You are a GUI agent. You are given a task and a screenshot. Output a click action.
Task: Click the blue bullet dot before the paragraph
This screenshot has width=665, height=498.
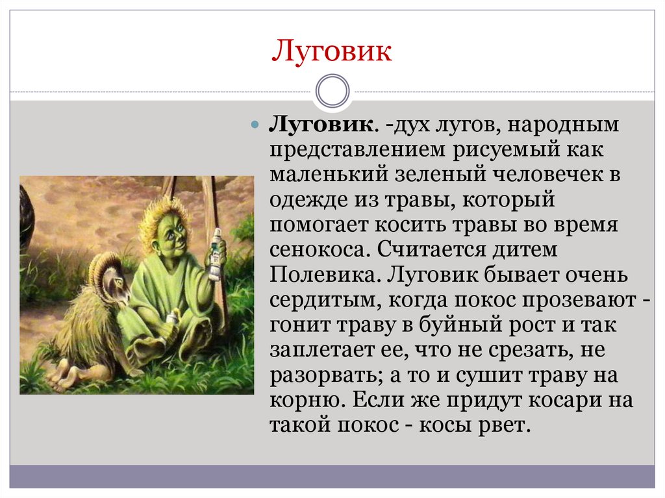(255, 125)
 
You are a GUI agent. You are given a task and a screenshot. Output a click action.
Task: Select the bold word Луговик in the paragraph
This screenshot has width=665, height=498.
(321, 125)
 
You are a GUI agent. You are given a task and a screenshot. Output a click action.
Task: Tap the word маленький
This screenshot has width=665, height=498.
(329, 175)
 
